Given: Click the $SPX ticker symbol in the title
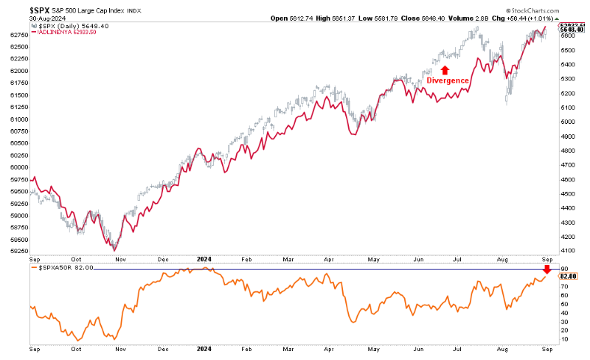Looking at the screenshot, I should tap(18, 8).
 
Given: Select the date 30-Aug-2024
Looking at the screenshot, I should tap(24, 18).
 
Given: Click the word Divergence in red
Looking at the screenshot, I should tap(448, 80).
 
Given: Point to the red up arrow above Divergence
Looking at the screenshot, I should tap(446, 69).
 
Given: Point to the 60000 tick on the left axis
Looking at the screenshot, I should tap(18, 167).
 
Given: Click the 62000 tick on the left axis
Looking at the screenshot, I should tap(18, 71).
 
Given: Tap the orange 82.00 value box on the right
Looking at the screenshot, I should tap(569, 276).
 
